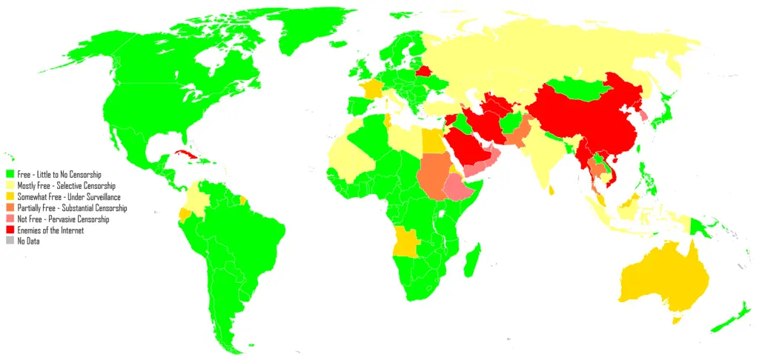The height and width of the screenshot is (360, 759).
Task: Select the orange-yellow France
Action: pyautogui.click(x=368, y=91)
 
